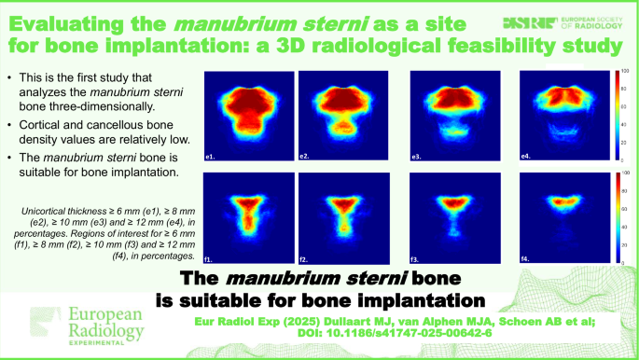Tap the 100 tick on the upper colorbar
click(624, 72)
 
